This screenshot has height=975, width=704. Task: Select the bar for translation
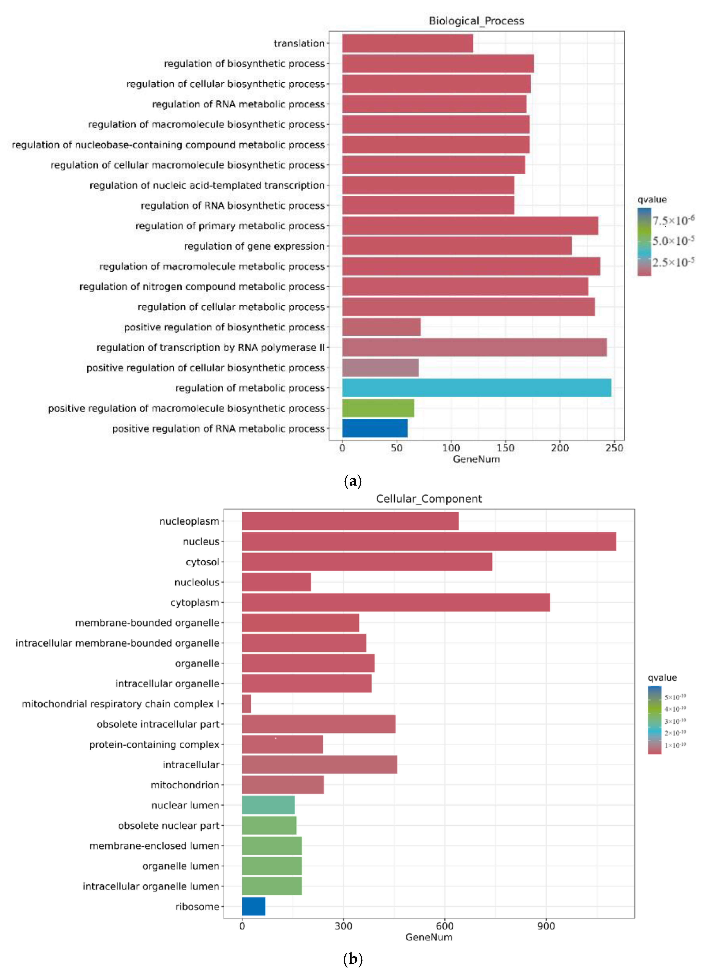click(x=407, y=43)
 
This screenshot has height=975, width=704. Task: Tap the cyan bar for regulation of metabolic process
click(x=476, y=388)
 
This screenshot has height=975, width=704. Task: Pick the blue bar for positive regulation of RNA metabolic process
click(x=375, y=428)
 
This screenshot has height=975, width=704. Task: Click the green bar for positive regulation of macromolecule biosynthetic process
click(x=378, y=408)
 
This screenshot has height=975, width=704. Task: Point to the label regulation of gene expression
click(x=254, y=246)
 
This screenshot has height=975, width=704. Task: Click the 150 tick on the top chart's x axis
click(x=505, y=448)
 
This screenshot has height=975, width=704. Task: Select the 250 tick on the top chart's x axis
click(x=614, y=448)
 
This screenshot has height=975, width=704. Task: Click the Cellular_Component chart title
click(x=429, y=499)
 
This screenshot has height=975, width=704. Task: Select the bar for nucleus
click(x=429, y=541)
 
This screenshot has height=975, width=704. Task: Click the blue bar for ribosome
click(x=253, y=907)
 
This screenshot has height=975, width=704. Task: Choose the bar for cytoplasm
click(x=396, y=602)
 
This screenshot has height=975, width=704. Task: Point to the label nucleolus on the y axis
click(x=197, y=582)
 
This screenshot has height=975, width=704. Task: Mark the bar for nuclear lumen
click(x=268, y=805)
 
